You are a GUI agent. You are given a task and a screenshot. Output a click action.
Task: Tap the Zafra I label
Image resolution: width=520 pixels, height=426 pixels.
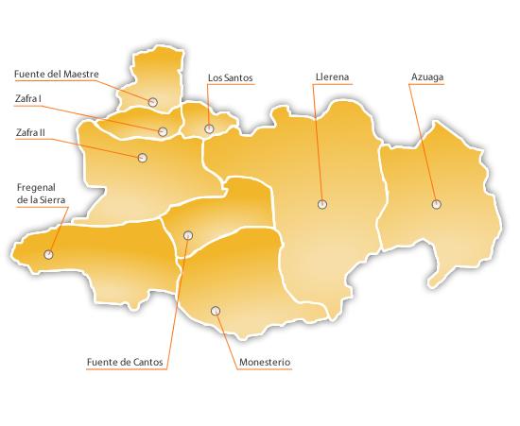click(x=29, y=97)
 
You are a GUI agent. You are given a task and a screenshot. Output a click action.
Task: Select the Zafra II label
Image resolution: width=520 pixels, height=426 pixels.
click(x=30, y=133)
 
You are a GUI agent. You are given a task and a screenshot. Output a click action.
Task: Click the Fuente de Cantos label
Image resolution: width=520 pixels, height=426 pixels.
click(x=125, y=362)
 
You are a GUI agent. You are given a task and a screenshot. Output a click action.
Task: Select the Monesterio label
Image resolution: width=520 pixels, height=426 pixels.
click(x=265, y=362)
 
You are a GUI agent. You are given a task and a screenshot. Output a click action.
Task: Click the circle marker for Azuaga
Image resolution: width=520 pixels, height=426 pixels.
click(x=436, y=204)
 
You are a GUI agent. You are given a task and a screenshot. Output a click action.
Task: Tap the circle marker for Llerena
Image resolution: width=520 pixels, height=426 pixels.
click(x=322, y=204)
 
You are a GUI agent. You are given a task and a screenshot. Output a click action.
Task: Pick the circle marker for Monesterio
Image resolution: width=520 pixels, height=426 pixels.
click(x=216, y=310)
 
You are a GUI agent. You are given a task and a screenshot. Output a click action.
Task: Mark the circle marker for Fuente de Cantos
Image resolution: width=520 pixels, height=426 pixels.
click(x=187, y=234)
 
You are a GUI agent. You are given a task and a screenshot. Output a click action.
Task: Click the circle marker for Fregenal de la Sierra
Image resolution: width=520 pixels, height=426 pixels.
click(x=48, y=254)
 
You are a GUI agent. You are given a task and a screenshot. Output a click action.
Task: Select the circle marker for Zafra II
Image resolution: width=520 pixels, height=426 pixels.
click(x=142, y=158)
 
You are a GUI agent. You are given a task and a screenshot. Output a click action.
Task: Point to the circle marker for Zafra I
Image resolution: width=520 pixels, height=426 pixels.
click(x=163, y=132)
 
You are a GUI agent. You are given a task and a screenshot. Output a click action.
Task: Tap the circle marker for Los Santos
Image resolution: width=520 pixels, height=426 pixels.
click(x=209, y=128)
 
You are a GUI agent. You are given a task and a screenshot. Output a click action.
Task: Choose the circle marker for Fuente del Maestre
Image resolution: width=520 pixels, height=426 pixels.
click(x=152, y=101)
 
